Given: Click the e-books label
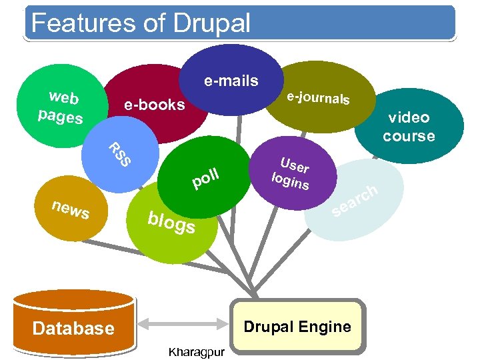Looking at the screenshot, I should tap(154, 105).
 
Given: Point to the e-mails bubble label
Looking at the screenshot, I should tap(231, 81).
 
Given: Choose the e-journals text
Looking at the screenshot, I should tap(318, 98).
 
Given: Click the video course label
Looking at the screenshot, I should tap(408, 127).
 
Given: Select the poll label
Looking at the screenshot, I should tap(205, 178).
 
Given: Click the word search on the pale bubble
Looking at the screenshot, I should tap(355, 203).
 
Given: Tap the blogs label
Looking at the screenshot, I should tap(171, 223).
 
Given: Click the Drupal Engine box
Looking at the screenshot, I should tap(297, 327).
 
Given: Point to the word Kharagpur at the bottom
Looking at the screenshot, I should tap(197, 351).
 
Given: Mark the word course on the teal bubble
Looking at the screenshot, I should tap(408, 136).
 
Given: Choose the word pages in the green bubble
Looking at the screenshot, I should tap(60, 116).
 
